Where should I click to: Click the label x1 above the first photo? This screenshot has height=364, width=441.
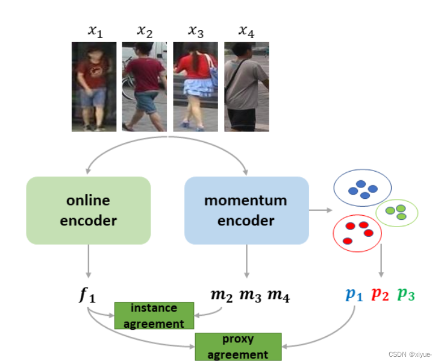[95, 32]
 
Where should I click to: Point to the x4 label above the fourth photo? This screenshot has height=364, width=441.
[246, 32]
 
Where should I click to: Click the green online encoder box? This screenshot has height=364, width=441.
[88, 210]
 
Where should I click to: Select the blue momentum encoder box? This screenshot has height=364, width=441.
[246, 210]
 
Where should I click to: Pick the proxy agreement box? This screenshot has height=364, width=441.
[238, 347]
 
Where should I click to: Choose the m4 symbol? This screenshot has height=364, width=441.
[278, 295]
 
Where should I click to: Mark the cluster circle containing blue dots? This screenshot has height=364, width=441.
[362, 188]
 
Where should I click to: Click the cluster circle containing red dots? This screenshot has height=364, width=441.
[357, 233]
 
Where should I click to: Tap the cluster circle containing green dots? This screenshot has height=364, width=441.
[396, 212]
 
